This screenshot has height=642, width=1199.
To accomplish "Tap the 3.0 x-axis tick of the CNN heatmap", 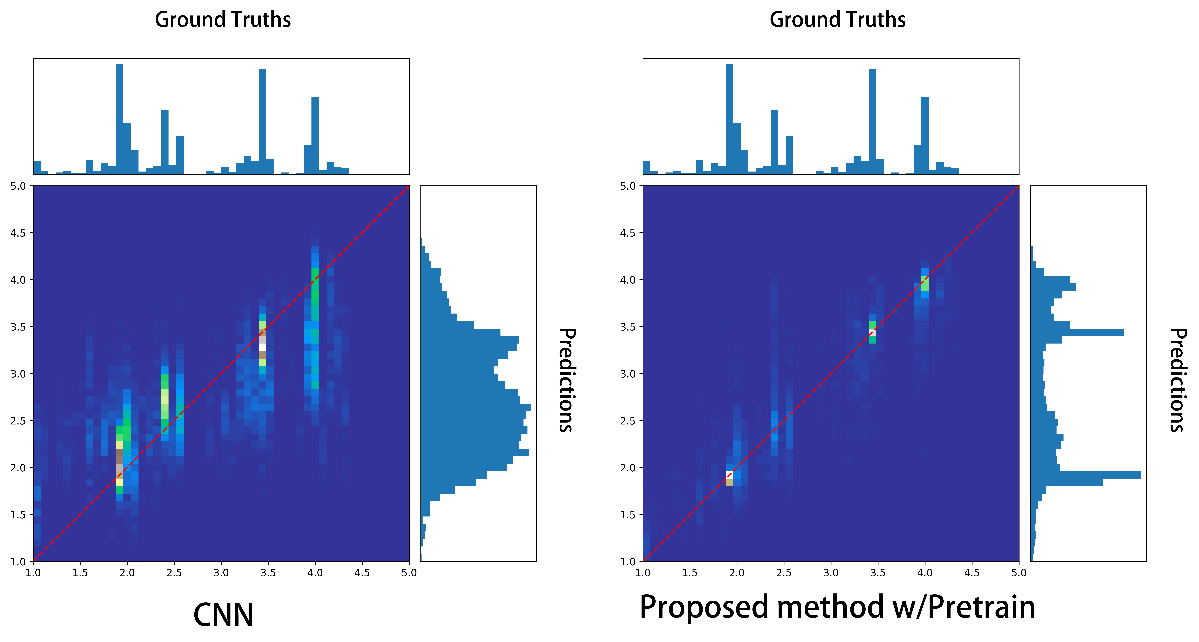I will coord(221,573).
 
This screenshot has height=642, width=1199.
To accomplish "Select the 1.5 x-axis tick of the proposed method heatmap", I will coord(690,573).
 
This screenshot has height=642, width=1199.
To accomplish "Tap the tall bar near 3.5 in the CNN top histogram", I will coord(263,121).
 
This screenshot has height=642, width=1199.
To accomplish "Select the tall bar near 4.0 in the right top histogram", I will coord(925,135).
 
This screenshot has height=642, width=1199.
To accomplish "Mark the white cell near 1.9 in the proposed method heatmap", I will coord(729,475).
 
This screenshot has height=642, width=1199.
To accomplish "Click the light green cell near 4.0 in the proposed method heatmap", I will coord(925,283).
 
